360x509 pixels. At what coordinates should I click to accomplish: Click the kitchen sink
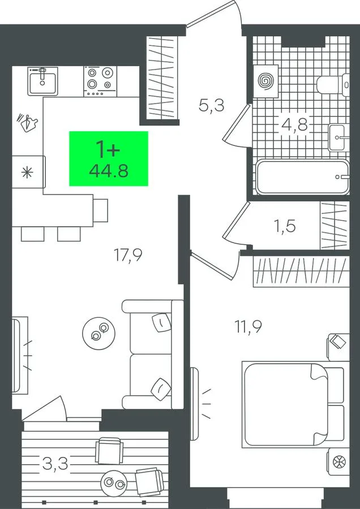click(x=42, y=81)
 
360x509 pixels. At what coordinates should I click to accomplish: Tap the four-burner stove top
click(x=100, y=81)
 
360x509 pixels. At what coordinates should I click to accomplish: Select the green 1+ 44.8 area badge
click(x=109, y=159)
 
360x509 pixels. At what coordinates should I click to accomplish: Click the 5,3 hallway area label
click(x=212, y=106)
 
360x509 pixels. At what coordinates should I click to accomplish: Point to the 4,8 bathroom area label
click(x=295, y=124)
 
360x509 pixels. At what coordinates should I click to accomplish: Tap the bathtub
click(x=302, y=177)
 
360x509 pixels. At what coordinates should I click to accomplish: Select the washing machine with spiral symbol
click(x=266, y=81)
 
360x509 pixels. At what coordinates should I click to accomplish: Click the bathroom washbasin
click(x=339, y=137)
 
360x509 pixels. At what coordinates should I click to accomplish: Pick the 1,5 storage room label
click(x=285, y=226)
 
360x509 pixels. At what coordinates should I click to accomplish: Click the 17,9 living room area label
click(x=128, y=255)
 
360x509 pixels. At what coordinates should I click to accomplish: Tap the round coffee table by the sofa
click(x=98, y=333)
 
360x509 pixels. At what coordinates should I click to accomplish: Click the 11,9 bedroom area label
click(x=248, y=326)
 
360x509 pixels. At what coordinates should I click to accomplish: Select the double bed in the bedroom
click(x=293, y=405)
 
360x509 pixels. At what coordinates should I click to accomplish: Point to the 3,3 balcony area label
click(x=55, y=464)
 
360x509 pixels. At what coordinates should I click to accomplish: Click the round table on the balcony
click(x=114, y=484)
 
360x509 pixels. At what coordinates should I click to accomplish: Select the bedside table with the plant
click(x=338, y=462)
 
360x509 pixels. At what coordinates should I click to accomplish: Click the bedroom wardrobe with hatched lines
click(x=301, y=271)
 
